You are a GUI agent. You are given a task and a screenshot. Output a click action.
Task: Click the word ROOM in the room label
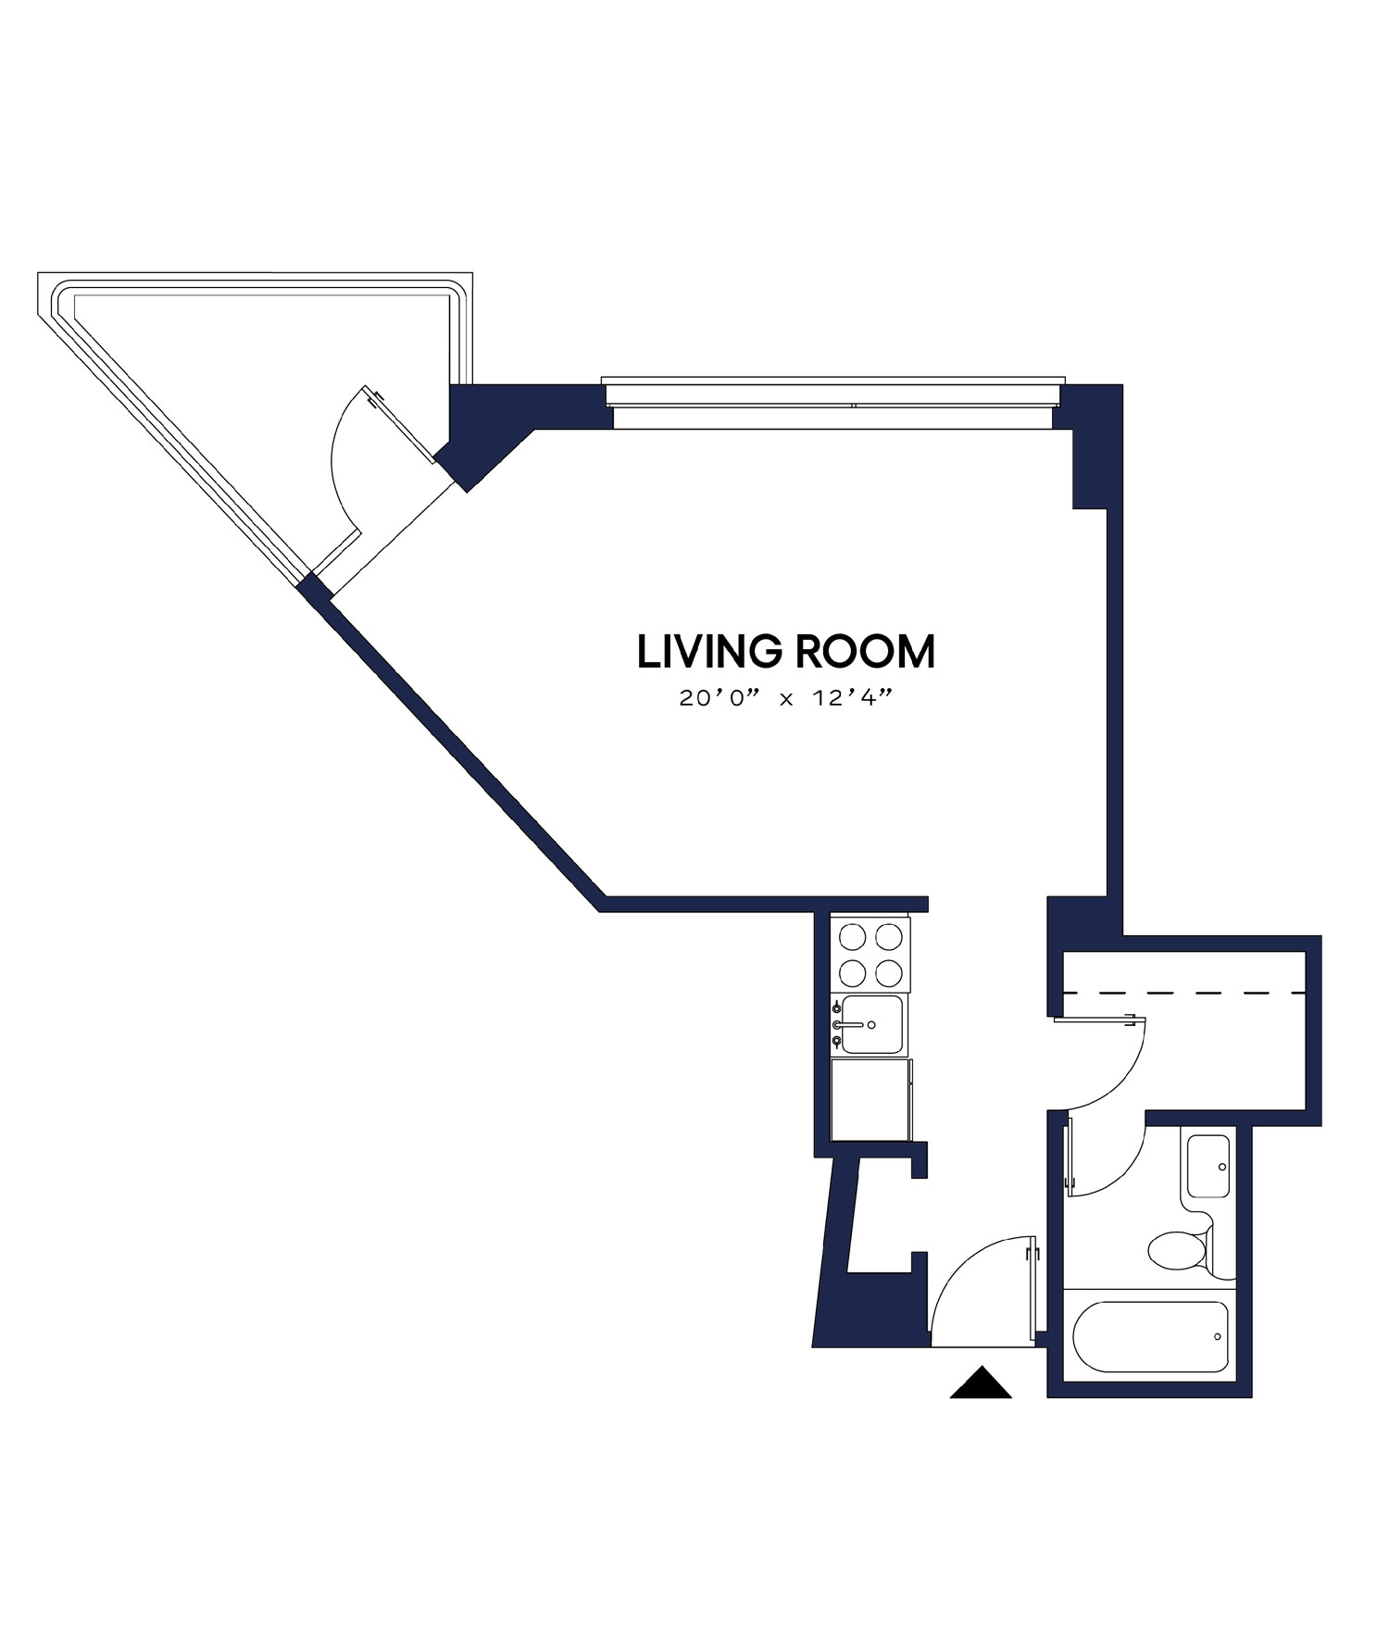pyautogui.click(x=865, y=652)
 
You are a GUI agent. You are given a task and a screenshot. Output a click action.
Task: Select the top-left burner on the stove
pyautogui.click(x=852, y=937)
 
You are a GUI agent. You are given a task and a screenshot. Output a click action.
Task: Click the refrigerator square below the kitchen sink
pyautogui.click(x=869, y=1100)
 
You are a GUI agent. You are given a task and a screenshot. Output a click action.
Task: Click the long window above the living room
pyautogui.click(x=833, y=405)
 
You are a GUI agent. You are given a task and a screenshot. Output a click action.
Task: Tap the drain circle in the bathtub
pyautogui.click(x=1218, y=1336)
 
